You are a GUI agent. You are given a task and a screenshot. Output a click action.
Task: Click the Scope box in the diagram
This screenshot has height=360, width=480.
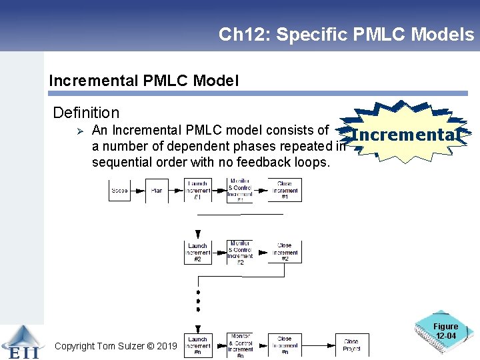(119, 191)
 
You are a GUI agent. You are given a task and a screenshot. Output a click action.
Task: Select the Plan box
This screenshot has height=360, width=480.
(157, 191)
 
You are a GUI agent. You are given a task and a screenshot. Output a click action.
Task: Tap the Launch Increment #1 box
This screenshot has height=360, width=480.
(198, 191)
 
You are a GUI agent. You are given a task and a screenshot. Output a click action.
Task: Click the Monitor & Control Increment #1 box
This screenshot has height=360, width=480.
(240, 190)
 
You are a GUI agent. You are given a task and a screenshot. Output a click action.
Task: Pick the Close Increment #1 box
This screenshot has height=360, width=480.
(285, 191)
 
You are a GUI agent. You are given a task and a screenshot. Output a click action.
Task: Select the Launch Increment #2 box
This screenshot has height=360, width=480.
(198, 252)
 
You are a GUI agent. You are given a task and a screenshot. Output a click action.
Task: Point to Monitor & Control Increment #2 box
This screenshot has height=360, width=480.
(240, 252)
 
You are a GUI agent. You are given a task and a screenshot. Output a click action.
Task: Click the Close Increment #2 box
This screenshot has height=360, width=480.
(285, 252)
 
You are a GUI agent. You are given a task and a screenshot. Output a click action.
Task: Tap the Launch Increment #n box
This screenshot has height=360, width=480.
(198, 345)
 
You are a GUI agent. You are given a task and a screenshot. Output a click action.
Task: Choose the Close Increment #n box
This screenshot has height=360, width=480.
(285, 345)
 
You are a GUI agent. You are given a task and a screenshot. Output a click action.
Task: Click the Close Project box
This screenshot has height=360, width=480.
(351, 345)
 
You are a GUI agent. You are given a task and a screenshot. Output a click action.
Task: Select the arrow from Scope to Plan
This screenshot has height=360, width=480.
(138, 191)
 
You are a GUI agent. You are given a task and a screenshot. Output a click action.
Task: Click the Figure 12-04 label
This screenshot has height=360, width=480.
(445, 331)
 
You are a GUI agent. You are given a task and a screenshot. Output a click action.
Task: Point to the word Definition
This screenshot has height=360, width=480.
(86, 113)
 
